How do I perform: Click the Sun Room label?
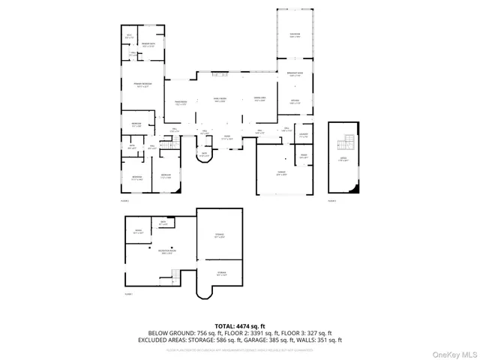click(x=295, y=36)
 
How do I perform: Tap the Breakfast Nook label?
click(x=295, y=74)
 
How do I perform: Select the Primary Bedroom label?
click(x=143, y=84)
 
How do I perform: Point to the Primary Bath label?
click(x=139, y=46)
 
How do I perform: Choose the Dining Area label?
click(x=260, y=100)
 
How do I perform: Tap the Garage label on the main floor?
click(x=281, y=174)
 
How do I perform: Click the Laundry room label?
click(x=304, y=136)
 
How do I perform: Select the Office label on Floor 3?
click(x=343, y=160)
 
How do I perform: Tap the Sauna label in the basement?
click(x=138, y=232)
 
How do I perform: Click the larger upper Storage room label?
click(x=220, y=236)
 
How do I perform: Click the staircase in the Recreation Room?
click(x=173, y=277)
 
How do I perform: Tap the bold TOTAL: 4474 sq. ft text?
click(x=240, y=325)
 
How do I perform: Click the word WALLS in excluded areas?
click(x=304, y=339)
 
